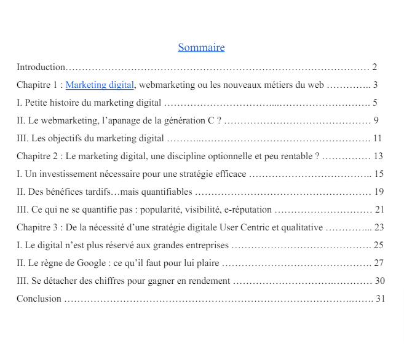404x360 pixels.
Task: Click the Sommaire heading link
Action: [201, 47]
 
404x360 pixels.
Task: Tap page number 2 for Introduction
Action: [374, 67]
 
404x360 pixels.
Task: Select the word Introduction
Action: [41, 67]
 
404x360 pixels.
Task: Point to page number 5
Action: [374, 103]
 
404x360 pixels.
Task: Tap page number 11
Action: [377, 138]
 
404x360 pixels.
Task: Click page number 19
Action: [379, 192]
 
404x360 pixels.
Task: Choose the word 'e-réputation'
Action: [247, 209]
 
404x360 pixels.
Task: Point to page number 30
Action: [379, 281]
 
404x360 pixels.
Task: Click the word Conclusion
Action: [39, 299]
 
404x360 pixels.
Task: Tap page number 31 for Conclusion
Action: [379, 299]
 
